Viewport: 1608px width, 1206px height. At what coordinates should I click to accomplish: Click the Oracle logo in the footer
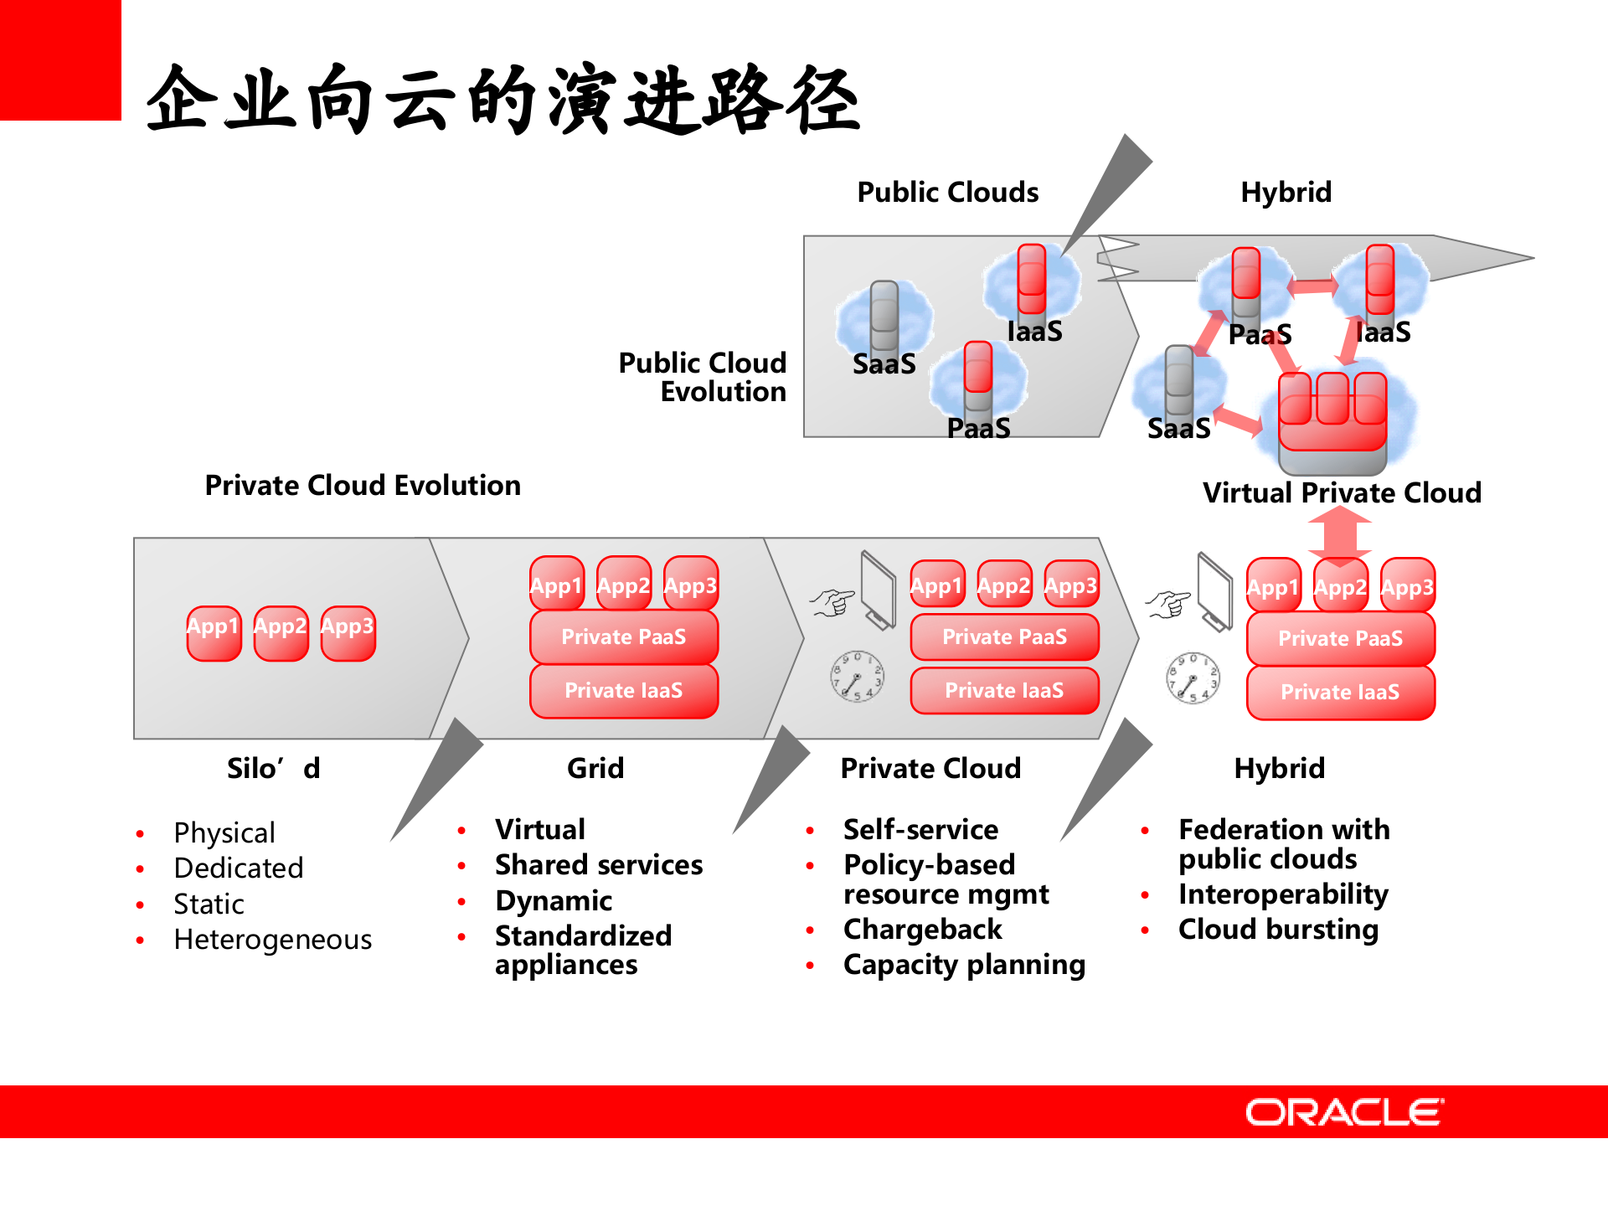[1343, 1112]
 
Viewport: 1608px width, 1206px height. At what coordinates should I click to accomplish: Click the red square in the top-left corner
[59, 59]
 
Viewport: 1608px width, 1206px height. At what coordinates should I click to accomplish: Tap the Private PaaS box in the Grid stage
[623, 637]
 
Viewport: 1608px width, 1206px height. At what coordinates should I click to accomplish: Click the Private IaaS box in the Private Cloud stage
[1004, 691]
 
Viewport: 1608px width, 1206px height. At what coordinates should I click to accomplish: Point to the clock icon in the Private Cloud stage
[857, 676]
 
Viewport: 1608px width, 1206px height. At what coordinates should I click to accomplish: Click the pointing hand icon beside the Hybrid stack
[1168, 603]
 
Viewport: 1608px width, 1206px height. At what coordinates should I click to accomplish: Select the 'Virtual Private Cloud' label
[1342, 492]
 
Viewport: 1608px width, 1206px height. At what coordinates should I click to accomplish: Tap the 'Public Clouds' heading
[947, 193]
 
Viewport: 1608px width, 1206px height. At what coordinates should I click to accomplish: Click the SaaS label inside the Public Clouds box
[884, 364]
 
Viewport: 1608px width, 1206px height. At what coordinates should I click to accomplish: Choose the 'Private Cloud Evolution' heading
[363, 486]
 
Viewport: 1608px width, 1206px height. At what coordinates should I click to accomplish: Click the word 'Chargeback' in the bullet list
[922, 930]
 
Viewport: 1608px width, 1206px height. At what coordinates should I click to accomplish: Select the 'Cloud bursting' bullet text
[1278, 930]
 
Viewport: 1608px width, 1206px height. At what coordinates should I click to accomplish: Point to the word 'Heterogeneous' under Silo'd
[272, 940]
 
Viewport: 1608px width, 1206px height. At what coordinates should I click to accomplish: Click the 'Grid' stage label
[595, 768]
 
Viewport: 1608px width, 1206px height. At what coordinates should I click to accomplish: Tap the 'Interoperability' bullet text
[1283, 894]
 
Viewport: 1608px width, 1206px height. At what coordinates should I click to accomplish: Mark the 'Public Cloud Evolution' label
[703, 377]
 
